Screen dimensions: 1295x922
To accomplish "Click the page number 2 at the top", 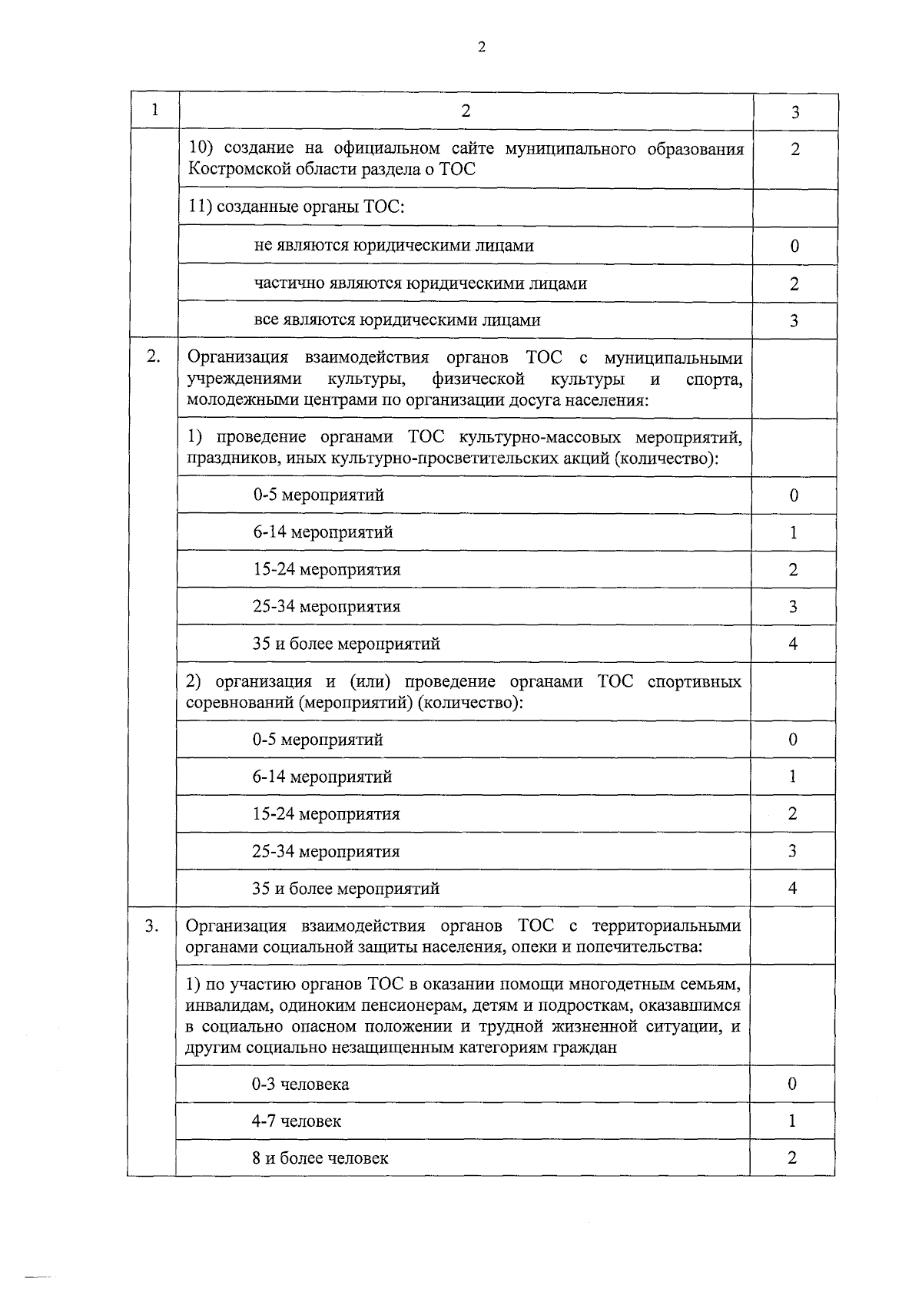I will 481,48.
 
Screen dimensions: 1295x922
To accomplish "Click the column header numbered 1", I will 154,110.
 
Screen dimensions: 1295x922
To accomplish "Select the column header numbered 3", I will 794,112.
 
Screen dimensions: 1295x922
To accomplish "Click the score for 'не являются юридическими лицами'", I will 794,246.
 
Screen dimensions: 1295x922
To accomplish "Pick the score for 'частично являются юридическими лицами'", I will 794,284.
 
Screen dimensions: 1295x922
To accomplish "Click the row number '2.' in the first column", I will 154,356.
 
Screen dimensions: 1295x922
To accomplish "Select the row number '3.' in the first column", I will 152,926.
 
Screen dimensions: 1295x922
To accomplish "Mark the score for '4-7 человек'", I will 792,1121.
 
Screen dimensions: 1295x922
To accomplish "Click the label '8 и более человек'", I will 320,1158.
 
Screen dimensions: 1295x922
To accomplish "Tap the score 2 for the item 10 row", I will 794,149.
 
